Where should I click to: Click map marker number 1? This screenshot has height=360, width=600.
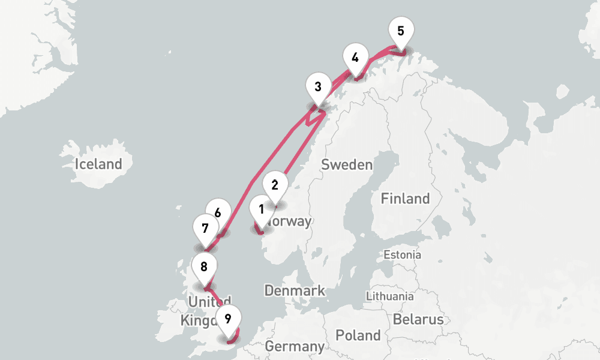point(262,210)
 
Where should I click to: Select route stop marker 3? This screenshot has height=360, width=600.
point(318,88)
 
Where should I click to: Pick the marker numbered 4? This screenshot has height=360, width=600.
point(355,58)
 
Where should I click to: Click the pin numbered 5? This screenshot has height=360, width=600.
point(401,31)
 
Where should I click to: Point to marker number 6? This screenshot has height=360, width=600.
point(218,213)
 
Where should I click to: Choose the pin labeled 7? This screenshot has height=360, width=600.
point(205,229)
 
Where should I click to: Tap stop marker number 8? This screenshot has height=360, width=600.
point(204,267)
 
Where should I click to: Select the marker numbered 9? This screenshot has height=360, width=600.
point(228,319)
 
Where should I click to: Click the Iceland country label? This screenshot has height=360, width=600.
point(98,164)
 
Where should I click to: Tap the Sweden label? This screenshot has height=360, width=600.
point(347,165)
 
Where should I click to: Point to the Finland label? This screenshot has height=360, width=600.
point(406,199)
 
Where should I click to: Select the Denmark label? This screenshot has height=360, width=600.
point(295,291)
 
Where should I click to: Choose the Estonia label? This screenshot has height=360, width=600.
point(403,255)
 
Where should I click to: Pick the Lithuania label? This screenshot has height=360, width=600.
point(389,296)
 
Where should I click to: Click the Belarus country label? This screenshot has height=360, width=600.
point(418,319)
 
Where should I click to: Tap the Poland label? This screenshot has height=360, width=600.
point(358,335)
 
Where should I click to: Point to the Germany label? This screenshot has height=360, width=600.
point(295,346)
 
